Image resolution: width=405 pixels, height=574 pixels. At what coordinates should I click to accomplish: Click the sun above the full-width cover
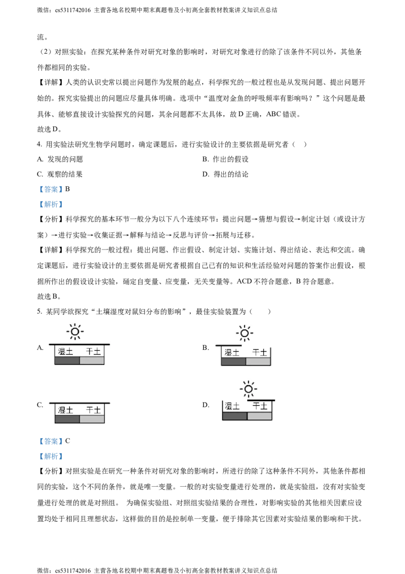click(x=75, y=332)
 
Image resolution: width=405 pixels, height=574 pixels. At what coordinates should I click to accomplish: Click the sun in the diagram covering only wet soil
click(x=245, y=333)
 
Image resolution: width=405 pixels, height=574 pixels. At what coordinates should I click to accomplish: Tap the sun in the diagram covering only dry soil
click(x=248, y=389)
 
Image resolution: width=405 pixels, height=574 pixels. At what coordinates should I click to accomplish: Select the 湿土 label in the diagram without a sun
click(x=65, y=410)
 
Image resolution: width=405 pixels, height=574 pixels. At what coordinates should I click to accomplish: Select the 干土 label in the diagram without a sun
click(x=94, y=410)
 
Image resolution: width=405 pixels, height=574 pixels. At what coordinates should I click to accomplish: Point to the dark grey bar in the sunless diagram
click(x=67, y=419)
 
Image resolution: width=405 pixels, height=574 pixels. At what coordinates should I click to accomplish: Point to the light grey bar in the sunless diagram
click(x=92, y=419)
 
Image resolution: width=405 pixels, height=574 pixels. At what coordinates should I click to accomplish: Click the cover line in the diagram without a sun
click(x=79, y=403)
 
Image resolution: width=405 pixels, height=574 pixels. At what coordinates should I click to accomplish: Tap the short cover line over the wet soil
click(x=228, y=345)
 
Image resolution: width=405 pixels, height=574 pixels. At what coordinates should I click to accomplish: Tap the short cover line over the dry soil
click(x=261, y=400)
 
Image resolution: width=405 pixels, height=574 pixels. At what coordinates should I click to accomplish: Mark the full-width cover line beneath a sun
click(x=79, y=344)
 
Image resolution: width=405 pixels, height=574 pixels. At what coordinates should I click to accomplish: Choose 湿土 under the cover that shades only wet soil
click(x=232, y=352)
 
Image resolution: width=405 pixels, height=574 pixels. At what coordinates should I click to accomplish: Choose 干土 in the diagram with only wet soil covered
click(x=260, y=352)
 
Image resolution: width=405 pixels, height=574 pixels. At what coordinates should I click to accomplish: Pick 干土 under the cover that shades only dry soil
click(x=260, y=406)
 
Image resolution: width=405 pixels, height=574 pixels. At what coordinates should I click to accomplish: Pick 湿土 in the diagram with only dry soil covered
click(x=232, y=406)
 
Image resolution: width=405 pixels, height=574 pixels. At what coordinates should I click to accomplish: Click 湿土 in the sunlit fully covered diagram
click(x=65, y=351)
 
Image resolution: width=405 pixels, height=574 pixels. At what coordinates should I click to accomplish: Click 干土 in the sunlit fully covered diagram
click(x=94, y=351)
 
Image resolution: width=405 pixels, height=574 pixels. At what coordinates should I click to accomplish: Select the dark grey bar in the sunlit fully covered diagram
click(x=67, y=361)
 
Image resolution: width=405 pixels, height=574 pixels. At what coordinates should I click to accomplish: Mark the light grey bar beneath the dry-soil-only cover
click(x=259, y=416)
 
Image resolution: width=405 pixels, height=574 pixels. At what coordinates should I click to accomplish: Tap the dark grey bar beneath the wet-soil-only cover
click(x=233, y=362)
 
